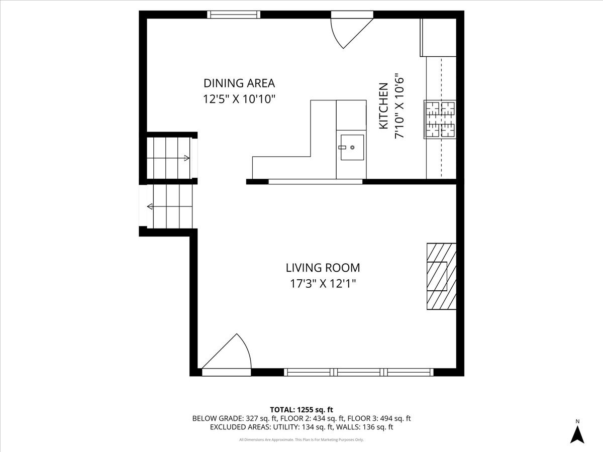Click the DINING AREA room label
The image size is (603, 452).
(239, 83)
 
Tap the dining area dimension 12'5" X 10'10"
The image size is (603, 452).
(240, 99)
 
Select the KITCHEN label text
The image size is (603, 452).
(383, 106)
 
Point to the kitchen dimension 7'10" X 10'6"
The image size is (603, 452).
(399, 106)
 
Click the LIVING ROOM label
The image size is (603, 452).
(323, 268)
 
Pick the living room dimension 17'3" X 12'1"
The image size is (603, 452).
(323, 284)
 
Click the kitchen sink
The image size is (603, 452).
(352, 147)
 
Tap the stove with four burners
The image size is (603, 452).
(440, 119)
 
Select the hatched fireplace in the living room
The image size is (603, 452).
(441, 276)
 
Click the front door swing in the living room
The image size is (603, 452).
(229, 354)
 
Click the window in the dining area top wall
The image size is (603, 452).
(234, 15)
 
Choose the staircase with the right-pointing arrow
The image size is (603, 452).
(169, 158)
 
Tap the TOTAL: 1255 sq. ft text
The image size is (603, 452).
(301, 409)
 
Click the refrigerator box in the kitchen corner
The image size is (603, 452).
(438, 38)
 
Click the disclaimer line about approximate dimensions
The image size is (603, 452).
(301, 440)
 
